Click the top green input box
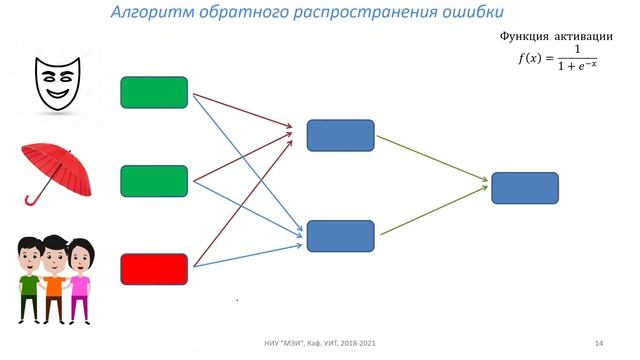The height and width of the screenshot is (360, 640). [x=154, y=92]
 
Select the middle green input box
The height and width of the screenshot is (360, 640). [x=154, y=181]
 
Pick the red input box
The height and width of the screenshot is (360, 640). [x=154, y=269]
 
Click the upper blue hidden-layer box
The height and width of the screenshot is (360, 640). [x=340, y=135]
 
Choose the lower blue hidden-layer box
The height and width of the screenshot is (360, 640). [x=340, y=236]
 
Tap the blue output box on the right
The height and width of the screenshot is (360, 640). [x=525, y=188]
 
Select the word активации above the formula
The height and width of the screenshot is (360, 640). [x=584, y=37]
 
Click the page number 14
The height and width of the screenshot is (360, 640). [x=598, y=343]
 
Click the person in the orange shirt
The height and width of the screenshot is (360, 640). [x=56, y=280]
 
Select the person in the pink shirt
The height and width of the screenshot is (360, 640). [x=79, y=282]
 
